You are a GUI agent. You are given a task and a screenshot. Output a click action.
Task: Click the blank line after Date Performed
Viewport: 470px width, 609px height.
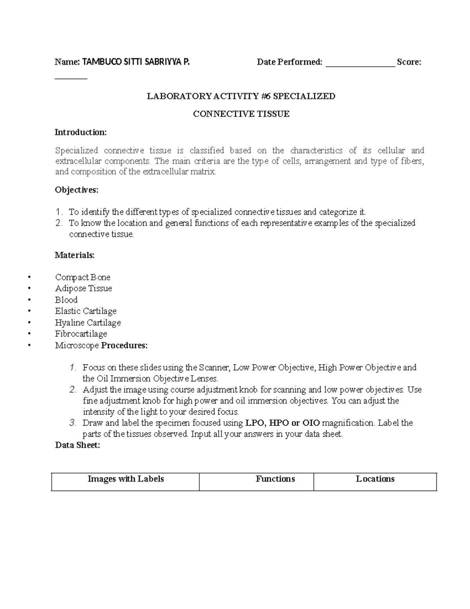360,63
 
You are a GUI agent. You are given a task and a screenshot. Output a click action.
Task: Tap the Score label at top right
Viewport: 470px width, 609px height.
409,62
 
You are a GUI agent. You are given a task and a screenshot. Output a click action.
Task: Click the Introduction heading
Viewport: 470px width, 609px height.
80,132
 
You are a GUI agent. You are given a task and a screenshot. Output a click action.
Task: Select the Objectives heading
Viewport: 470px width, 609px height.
76,190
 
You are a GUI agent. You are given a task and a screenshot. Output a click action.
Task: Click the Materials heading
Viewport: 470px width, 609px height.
74,255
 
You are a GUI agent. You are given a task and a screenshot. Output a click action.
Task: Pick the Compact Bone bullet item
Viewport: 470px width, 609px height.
83,277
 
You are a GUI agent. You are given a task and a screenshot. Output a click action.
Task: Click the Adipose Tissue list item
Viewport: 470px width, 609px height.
83,288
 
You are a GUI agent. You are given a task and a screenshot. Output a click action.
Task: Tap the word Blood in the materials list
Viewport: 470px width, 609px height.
66,300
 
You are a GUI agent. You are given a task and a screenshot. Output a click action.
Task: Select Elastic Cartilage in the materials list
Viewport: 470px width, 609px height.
86,311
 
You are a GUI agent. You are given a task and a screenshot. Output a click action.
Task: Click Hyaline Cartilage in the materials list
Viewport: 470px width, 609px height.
88,323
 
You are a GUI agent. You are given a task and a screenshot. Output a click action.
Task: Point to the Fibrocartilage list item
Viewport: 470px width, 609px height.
81,334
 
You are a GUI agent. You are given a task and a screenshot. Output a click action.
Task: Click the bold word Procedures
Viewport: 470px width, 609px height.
124,345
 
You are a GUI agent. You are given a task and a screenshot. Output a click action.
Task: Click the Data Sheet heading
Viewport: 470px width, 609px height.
78,445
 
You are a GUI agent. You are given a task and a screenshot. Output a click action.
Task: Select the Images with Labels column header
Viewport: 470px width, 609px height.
125,479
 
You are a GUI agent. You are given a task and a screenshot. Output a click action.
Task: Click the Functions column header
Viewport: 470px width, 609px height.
275,479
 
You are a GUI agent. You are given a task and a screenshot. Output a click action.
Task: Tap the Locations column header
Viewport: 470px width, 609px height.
375,479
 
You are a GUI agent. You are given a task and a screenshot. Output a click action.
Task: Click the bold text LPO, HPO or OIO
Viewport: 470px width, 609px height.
282,423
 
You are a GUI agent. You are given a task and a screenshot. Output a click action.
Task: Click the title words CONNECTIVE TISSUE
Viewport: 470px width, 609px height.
241,114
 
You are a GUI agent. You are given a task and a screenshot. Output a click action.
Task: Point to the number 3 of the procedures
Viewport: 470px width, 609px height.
72,423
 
